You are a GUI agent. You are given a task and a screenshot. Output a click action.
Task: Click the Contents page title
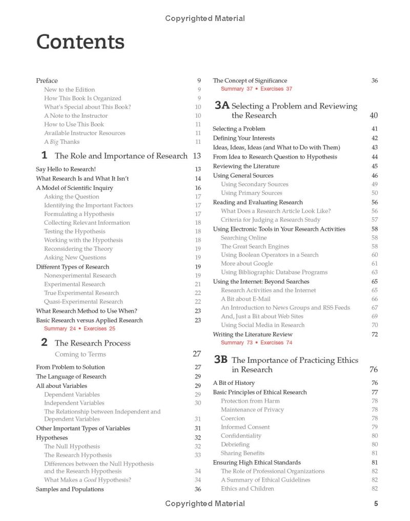80,42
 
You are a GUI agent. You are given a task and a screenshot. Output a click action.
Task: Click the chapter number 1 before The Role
44,155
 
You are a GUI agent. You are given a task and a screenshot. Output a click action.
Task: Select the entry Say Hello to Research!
66,169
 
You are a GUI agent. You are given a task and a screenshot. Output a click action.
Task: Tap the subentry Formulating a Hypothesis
79,214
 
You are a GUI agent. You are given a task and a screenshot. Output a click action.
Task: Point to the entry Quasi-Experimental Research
83,301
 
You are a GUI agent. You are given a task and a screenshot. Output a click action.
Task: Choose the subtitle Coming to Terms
80,354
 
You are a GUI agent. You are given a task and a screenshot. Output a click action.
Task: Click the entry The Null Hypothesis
72,446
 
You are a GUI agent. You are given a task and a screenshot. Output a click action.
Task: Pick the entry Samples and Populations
70,489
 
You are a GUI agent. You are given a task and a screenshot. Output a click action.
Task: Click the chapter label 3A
221,105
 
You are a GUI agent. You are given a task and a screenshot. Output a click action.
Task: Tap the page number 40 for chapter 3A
374,116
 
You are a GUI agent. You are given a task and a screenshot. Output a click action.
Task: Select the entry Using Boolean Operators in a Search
270,255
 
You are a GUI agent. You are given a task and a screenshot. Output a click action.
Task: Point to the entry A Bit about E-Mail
245,299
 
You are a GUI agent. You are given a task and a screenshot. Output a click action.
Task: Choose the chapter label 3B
221,360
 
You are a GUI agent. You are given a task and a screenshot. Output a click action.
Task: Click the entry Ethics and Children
247,488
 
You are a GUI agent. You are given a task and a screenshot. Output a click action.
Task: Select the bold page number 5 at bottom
376,504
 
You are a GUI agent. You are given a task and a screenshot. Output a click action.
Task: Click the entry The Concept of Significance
250,80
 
